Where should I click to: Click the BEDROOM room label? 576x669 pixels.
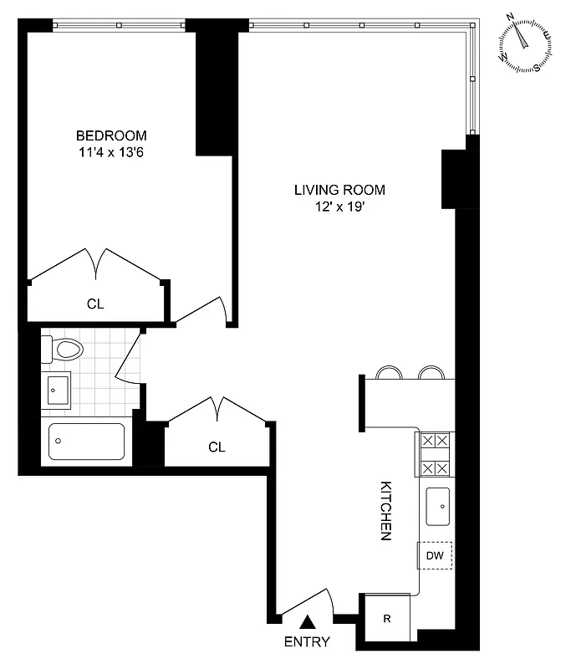coord(111,135)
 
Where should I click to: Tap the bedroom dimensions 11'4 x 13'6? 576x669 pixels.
coord(111,152)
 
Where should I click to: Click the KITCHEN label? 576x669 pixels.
coord(387,510)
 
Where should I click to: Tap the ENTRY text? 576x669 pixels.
coord(307,642)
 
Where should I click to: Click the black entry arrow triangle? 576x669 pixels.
coord(308,620)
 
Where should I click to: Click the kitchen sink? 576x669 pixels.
coord(436,505)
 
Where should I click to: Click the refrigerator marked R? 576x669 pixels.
coord(386,620)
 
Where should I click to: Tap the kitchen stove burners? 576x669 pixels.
coord(435,454)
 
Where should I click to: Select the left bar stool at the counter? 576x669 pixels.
coord(388,372)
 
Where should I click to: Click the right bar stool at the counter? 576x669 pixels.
coord(431,372)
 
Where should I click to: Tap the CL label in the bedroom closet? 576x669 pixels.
coord(96,304)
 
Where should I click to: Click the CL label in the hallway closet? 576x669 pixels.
coord(217,447)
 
